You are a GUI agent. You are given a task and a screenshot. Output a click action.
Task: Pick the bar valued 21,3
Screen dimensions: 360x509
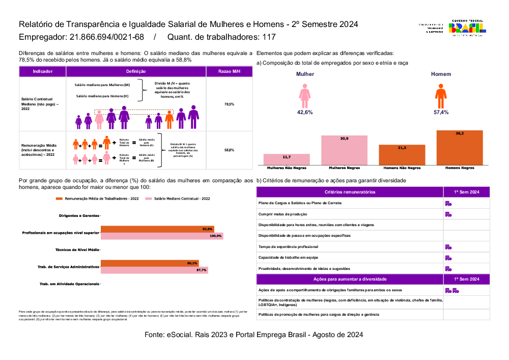pos(402,154)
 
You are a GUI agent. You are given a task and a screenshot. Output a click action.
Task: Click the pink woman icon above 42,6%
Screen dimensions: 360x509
pos(305,96)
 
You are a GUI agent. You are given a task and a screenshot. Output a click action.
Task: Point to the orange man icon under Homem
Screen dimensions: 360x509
pos(441,96)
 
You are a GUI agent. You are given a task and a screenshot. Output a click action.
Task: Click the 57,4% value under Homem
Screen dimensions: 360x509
pos(441,112)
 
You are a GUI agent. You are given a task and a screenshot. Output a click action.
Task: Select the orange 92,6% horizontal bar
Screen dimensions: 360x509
pos(157,229)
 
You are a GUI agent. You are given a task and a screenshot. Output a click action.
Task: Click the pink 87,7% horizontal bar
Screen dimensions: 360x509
pos(154,270)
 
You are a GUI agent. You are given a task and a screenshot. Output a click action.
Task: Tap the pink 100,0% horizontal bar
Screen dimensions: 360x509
pos(162,236)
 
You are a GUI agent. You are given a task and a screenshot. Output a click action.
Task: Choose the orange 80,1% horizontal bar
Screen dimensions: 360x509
pos(150,263)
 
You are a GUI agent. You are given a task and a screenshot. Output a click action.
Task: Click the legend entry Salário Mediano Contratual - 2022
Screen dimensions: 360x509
pos(181,199)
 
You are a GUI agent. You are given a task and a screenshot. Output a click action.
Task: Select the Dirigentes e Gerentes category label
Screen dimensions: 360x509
pos(79,215)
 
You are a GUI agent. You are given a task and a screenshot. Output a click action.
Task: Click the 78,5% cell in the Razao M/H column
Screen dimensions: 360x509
pos(229,104)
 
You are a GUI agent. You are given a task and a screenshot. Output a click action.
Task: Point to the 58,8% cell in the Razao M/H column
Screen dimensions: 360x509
pos(229,150)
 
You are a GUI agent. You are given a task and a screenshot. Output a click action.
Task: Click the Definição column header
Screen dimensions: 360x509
pos(136,72)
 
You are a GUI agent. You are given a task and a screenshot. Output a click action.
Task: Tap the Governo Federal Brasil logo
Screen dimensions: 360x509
pos(466,27)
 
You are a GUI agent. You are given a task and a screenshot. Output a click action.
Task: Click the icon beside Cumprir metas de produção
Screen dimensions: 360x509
pos(448,214)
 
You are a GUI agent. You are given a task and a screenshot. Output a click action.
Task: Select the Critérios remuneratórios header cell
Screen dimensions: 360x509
pos(350,192)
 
